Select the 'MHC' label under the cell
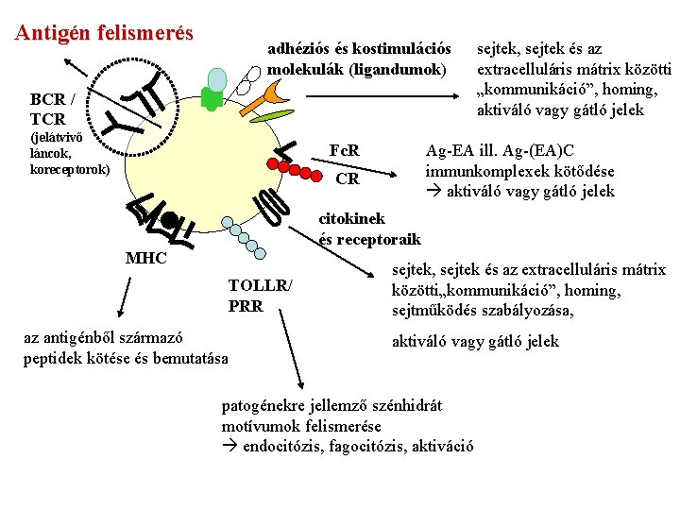145,259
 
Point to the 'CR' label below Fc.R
347,178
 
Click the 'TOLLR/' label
260,286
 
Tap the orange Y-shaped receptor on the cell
278,91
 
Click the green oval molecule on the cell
272,117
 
